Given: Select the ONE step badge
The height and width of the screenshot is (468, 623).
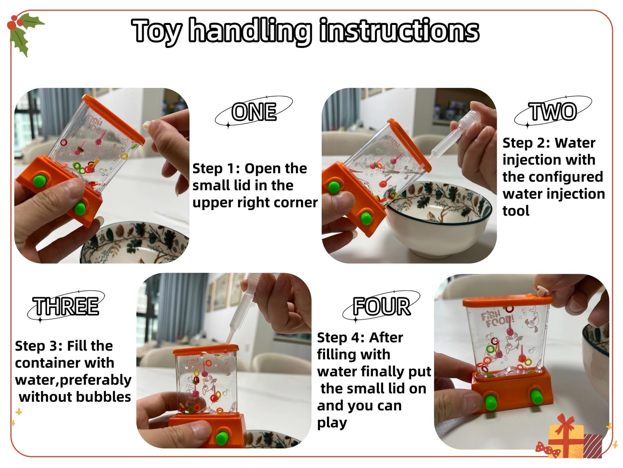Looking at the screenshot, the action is [254, 112].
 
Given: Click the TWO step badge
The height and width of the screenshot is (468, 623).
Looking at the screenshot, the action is [553, 112].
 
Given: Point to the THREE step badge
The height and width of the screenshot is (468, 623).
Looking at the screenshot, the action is [66, 306].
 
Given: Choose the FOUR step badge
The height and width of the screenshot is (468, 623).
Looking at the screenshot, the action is [382, 306].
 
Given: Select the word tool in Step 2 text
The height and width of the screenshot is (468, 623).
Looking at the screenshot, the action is [516, 211].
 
